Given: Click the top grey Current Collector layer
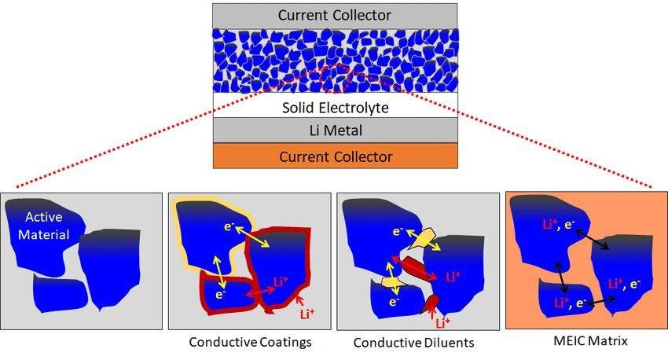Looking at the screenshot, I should (334, 15).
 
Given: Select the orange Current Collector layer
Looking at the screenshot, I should (334, 156).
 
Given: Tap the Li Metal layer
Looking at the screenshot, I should (334, 130).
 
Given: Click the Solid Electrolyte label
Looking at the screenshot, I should (335, 106).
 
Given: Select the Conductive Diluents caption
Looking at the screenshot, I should (413, 343).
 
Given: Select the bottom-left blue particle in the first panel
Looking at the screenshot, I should (60, 295).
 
